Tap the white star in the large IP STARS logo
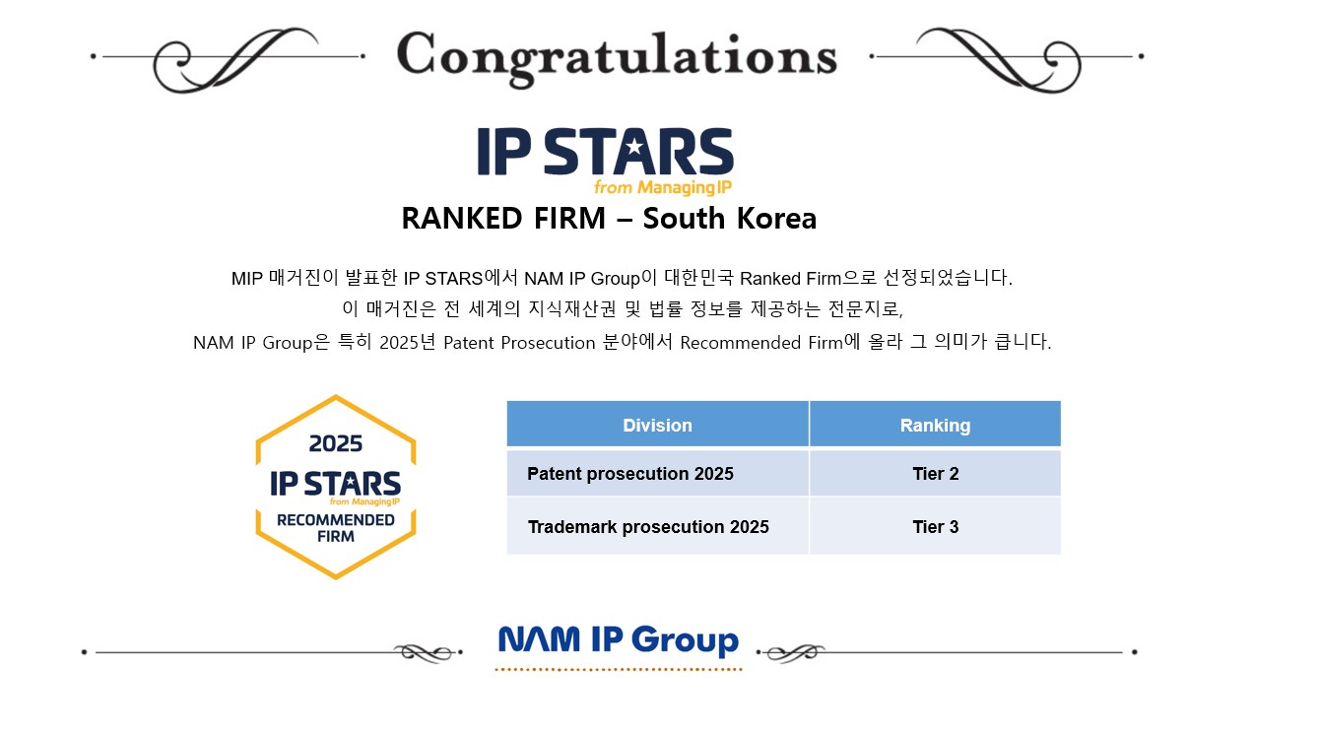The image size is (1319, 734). click(x=633, y=146)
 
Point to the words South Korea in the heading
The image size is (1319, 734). click(x=730, y=218)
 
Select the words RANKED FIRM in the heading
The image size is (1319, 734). click(x=502, y=218)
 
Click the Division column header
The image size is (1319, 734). click(x=657, y=425)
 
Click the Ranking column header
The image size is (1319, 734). click(x=935, y=425)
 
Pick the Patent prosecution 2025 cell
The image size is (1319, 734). click(x=657, y=473)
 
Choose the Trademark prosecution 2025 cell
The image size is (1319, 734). click(x=657, y=526)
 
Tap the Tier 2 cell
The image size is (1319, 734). click(x=935, y=473)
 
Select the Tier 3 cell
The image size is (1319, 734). click(x=935, y=526)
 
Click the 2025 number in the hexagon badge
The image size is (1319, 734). click(x=336, y=443)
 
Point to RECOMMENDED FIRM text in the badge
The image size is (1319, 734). click(x=336, y=528)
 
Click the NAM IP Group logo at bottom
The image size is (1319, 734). click(x=619, y=641)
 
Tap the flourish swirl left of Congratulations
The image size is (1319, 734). click(x=235, y=60)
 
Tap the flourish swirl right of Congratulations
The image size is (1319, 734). click(x=999, y=60)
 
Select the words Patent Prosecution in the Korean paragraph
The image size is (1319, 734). click(x=519, y=342)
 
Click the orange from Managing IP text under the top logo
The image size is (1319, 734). click(x=662, y=187)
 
